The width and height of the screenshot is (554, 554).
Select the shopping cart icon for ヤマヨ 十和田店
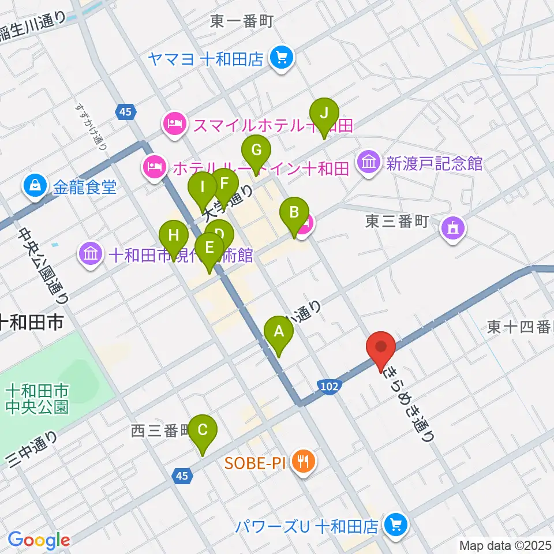click(283, 58)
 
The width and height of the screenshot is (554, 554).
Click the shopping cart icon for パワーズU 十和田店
click(396, 525)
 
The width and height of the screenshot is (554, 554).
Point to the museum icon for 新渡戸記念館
click(368, 163)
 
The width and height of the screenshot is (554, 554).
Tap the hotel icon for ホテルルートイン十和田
click(152, 168)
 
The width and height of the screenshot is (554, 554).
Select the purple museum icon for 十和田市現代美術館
click(91, 254)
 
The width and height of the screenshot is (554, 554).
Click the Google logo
click(39, 540)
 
